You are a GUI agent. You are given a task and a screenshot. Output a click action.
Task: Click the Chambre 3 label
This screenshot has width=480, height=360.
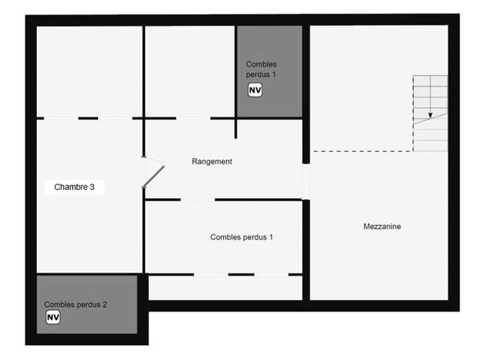coord(75,187)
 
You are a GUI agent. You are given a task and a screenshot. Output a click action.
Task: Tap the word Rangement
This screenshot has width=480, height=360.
coord(212,161)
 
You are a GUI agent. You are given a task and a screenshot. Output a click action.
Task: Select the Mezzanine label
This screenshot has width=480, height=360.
coord(382,226)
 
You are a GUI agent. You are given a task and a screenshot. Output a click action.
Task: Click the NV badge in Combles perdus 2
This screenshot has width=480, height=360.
coord(53,317)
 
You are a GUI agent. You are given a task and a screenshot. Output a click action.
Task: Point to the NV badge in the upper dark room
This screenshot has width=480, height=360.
coord(255,90)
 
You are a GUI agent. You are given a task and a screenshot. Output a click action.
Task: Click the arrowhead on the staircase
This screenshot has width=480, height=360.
coord(430,115)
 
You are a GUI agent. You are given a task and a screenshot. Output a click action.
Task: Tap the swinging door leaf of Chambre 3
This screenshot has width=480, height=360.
coord(153,177)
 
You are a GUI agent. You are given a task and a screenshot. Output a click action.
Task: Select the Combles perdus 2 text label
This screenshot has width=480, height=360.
coord(75,305)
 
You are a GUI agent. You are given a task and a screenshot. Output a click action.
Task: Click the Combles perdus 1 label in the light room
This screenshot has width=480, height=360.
coord(241,237)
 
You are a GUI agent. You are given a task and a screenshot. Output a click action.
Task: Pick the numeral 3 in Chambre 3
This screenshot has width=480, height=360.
coord(92,187)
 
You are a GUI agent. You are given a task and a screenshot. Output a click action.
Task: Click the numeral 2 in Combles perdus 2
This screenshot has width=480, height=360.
coord(105,305)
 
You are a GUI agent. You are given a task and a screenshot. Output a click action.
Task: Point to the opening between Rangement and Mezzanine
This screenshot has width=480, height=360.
coord(306,182)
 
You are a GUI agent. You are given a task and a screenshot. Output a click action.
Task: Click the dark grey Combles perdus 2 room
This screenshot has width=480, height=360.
coord(87,305)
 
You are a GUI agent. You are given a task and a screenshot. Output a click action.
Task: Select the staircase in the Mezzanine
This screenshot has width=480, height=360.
coord(430,113)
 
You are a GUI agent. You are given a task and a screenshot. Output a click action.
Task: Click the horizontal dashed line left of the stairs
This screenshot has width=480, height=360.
coord(363,151)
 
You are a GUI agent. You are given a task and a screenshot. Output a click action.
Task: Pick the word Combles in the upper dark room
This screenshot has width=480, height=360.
coord(261,64)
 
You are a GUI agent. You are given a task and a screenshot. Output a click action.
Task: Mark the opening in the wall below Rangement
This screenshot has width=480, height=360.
coord(198,200)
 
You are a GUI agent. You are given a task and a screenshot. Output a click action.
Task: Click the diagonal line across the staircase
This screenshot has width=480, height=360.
coord(431,118)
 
